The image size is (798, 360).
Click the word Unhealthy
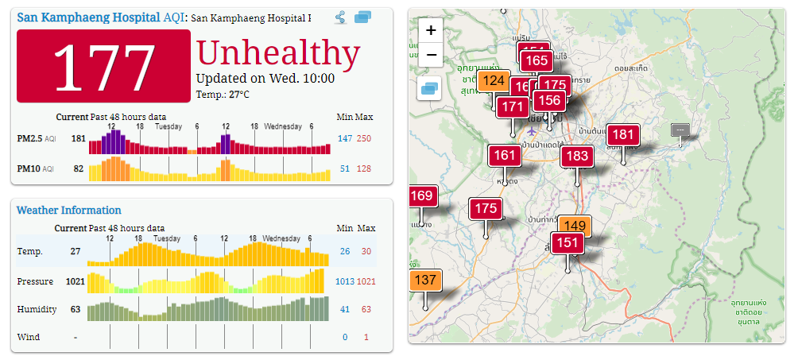pos(278,53)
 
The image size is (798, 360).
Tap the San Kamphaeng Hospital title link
pos(87,17)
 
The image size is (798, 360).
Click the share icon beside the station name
pos(340,17)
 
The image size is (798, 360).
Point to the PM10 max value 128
pos(363,168)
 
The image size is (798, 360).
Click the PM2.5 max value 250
pos(363,138)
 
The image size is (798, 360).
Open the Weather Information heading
pos(68,210)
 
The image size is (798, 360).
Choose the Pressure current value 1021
pos(74,281)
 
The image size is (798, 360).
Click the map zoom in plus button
pos(431,30)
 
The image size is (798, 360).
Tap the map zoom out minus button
pos(431,55)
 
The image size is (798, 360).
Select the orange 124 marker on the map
pos(494,80)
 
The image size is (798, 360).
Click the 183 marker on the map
pos(578,156)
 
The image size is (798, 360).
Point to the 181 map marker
pos(624,134)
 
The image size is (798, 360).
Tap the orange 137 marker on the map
pos(425,280)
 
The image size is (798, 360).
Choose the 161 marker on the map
pos(505,155)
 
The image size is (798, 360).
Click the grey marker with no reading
pos(680,130)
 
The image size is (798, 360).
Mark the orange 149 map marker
pos(575,226)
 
